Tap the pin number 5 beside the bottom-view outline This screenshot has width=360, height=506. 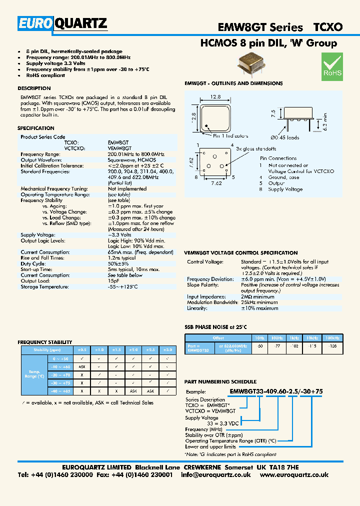231,176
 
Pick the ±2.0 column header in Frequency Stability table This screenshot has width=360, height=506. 133,350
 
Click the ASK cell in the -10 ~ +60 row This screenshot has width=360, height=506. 80,366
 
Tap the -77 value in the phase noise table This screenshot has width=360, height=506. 278,345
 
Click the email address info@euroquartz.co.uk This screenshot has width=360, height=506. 215,474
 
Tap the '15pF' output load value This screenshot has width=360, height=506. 114,281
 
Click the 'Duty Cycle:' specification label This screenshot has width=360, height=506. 33,263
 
